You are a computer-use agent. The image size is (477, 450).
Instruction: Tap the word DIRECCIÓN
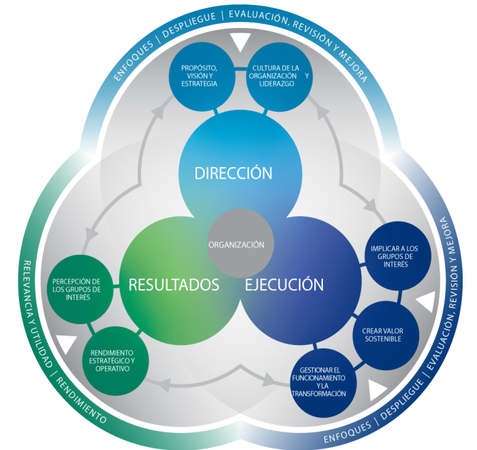click(233, 173)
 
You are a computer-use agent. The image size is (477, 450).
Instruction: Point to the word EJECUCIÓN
click(284, 284)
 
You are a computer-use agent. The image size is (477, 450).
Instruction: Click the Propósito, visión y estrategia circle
click(200, 75)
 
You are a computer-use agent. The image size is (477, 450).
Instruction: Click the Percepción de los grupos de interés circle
click(76, 289)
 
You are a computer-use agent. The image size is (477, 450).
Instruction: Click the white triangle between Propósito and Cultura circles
click(239, 43)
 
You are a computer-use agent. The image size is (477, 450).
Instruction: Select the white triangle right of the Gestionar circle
click(378, 390)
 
